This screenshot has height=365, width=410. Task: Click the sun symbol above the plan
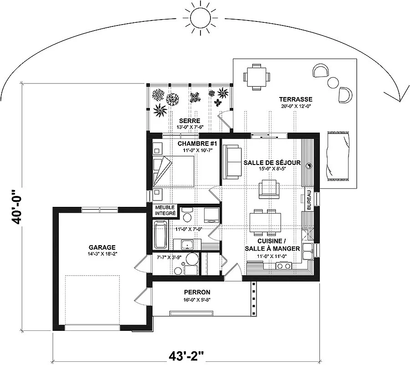tap(200, 18)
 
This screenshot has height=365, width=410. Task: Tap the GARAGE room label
tap(102, 247)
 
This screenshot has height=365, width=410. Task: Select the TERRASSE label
tap(296, 99)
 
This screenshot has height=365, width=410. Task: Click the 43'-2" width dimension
tap(186, 356)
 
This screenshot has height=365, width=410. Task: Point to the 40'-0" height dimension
tap(16, 207)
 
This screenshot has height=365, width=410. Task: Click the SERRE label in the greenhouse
tap(190, 121)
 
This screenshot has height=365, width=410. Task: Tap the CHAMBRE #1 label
tap(197, 144)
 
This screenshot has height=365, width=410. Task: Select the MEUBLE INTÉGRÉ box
tap(165, 211)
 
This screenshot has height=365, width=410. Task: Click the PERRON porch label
tap(197, 292)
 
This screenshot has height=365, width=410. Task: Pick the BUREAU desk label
tap(309, 200)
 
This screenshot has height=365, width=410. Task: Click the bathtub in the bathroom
tap(160, 235)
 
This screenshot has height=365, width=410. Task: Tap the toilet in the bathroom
tap(187, 214)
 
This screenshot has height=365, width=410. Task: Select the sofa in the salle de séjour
tap(232, 162)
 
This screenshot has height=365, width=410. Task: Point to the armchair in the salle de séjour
tap(269, 189)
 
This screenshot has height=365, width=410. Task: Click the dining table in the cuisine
tap(265, 222)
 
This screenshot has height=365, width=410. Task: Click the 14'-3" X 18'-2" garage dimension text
tap(102, 254)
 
